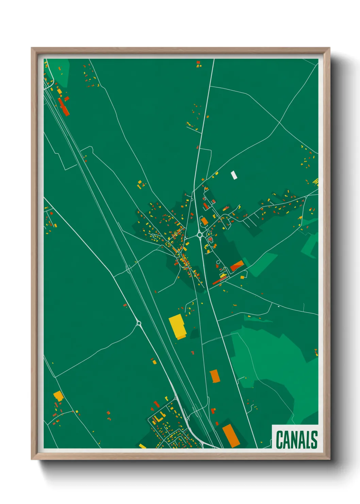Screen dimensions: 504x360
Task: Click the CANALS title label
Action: (296, 440)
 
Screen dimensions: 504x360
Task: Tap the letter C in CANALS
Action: (280, 440)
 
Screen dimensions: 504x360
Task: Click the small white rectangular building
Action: (234, 175)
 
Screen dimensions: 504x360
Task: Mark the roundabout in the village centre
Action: (199, 235)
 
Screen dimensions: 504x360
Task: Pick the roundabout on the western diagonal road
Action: (138, 323)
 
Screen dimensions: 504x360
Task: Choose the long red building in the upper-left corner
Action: (63, 106)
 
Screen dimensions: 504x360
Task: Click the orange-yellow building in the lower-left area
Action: (59, 396)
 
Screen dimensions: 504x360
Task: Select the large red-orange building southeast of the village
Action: (237, 265)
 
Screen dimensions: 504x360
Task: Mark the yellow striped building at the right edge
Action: (316, 182)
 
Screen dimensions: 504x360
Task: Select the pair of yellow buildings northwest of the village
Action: (140, 185)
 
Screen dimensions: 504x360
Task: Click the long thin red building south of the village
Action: (219, 280)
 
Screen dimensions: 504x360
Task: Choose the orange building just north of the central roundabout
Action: (204, 221)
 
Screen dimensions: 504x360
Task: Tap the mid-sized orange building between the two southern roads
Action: (214, 376)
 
